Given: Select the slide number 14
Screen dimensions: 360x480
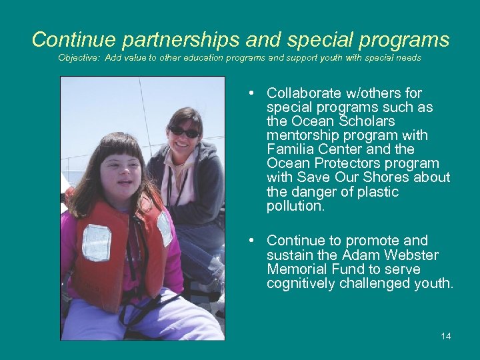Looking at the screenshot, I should (x=445, y=336).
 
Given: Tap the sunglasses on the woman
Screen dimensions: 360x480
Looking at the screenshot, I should (x=184, y=131).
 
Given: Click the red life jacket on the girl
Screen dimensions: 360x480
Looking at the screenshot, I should (x=107, y=247).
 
